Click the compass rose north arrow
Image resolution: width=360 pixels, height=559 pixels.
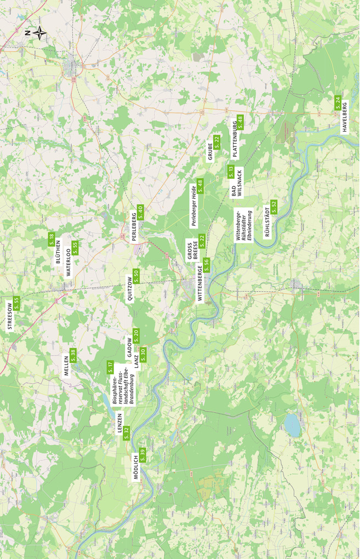39,33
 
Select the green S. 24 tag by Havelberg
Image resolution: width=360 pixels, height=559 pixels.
338,102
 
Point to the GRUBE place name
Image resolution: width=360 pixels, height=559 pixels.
210,151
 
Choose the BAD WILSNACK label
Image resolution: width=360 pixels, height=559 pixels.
236,183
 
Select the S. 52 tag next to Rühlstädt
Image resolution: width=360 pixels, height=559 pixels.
274,207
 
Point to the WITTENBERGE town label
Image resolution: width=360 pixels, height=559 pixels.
200,283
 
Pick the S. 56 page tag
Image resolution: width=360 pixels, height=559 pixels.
207,264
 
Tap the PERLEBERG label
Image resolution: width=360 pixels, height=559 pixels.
135,225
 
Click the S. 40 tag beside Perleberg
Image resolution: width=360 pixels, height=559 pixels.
141,212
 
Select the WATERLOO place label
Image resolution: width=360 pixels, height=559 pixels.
68,264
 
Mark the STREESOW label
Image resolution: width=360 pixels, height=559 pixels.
10,316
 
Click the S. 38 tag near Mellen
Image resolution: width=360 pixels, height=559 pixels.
73,355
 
